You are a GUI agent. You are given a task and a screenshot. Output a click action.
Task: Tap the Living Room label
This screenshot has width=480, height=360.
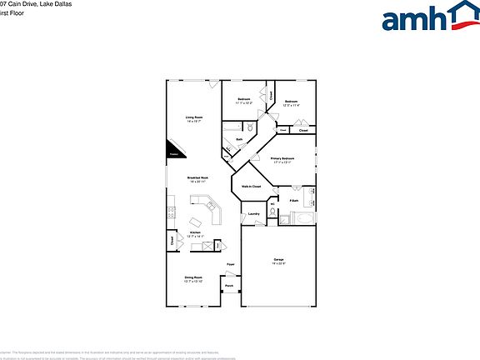193,119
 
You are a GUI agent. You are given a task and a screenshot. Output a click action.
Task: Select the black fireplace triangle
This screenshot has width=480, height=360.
177,149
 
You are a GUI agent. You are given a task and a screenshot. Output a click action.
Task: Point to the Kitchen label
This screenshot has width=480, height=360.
195,234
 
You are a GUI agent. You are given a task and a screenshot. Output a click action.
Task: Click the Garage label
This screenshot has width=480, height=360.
278,262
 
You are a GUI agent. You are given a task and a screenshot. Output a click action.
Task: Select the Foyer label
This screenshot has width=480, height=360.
231,265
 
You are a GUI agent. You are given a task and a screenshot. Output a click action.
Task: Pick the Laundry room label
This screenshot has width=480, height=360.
254,214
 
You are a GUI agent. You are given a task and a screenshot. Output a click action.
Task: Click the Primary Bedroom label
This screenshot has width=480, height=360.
282,159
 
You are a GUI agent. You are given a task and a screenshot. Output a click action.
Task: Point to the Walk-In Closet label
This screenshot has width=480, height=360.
252,187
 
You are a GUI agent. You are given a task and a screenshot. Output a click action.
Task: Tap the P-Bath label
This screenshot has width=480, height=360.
294,201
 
